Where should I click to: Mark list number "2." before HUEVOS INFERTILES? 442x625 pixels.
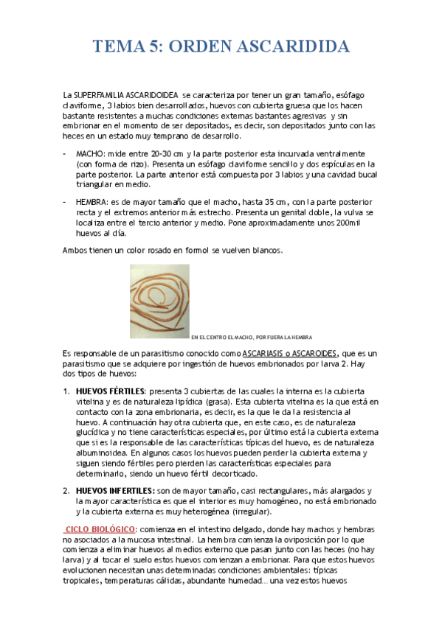pos(66,490)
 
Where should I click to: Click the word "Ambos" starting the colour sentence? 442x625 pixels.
pos(75,251)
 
